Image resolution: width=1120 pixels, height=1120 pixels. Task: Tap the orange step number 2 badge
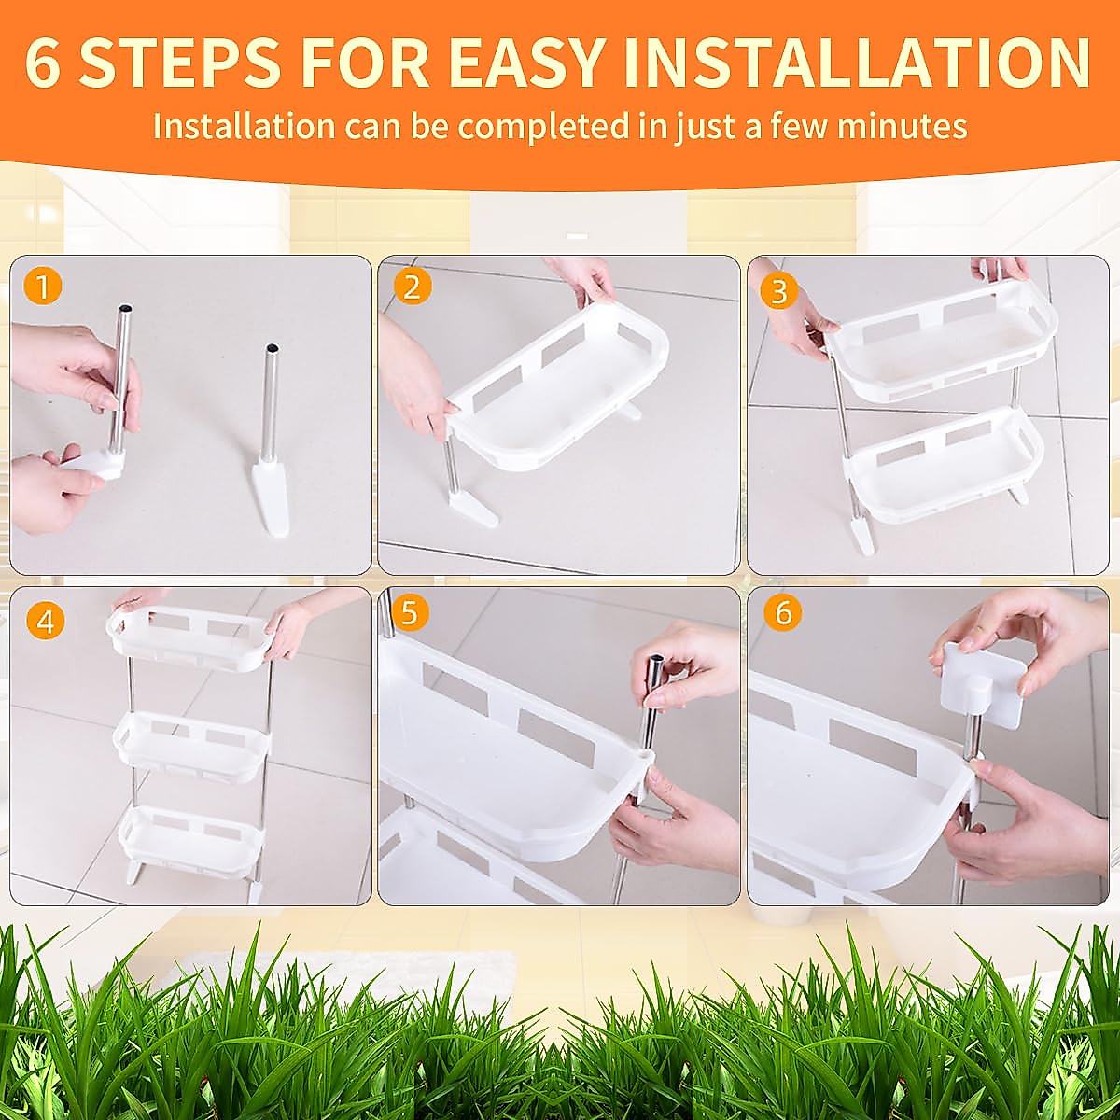coord(412,287)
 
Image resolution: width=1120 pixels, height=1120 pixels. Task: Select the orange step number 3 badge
coord(779,291)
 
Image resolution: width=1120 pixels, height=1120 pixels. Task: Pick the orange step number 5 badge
coord(412,614)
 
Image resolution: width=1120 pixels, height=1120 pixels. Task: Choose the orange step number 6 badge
coord(782,614)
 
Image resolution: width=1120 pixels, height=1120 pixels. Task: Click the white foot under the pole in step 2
coord(469,505)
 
